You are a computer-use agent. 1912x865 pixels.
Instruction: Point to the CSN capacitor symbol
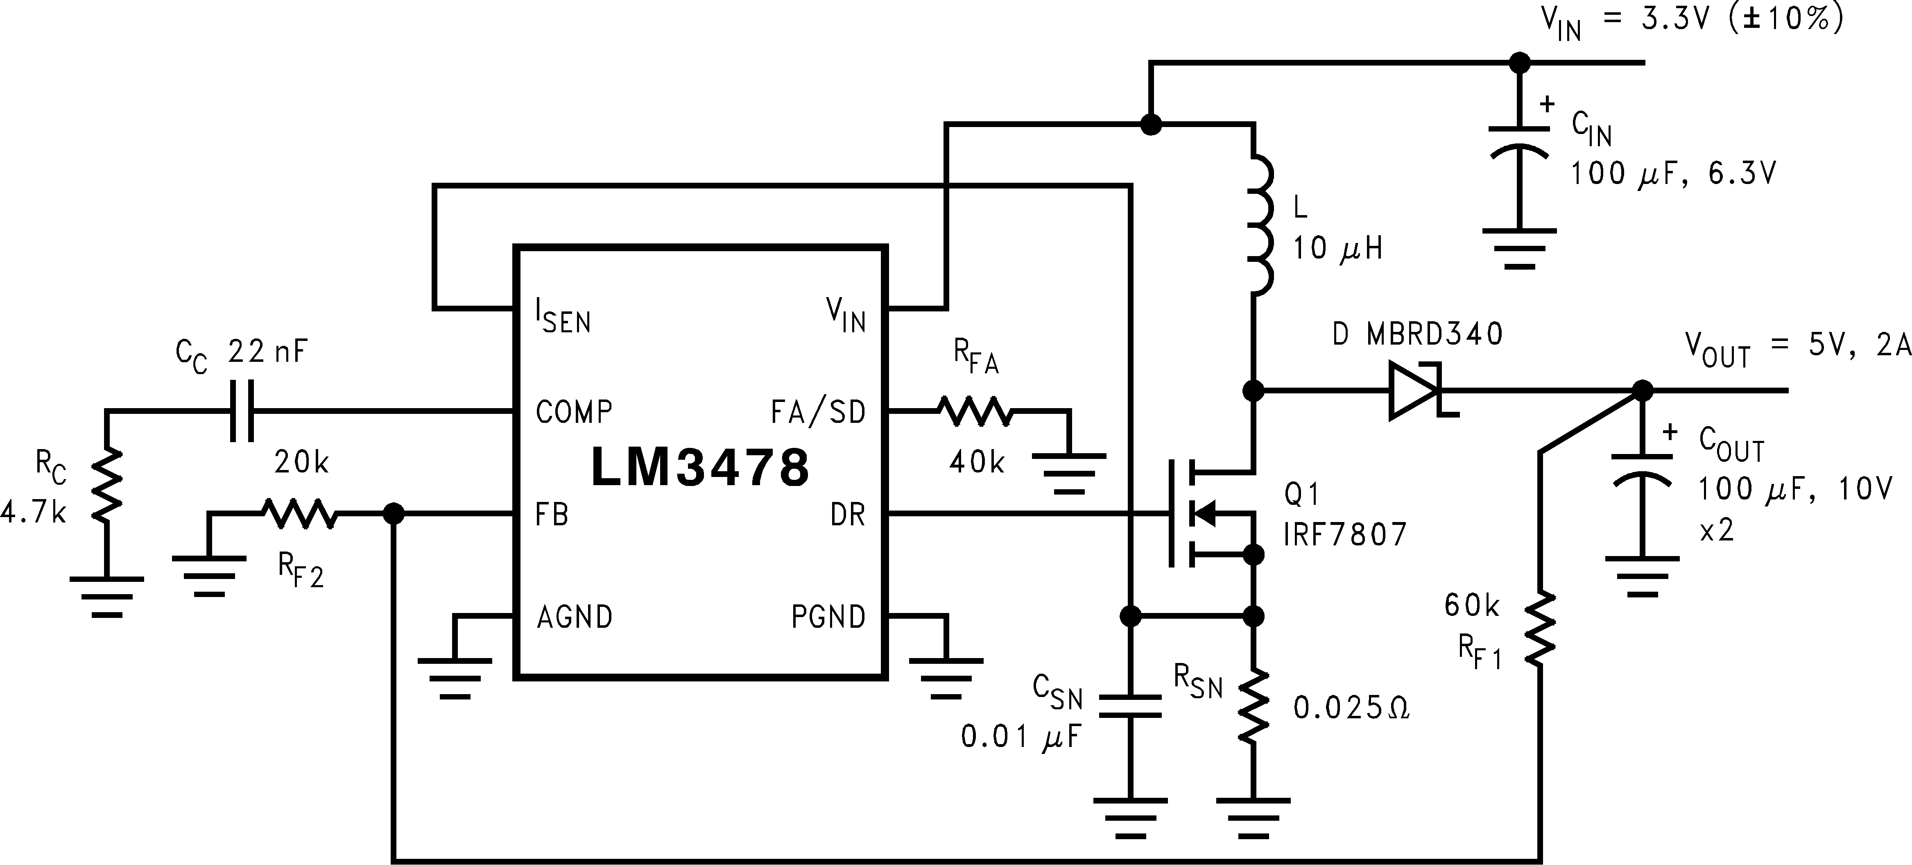pos(1130,706)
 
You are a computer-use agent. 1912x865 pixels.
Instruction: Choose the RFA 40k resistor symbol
pos(974,411)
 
